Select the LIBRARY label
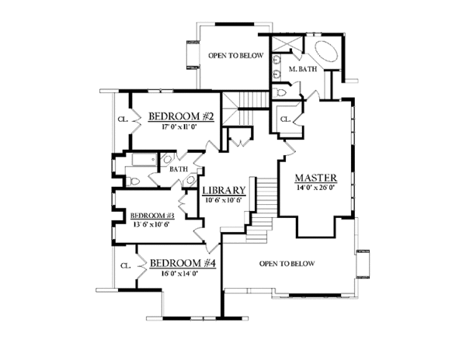click(x=224, y=190)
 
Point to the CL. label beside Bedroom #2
click(x=123, y=119)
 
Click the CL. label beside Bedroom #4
click(x=125, y=265)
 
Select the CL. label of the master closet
click(x=285, y=119)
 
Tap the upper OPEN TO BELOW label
click(x=236, y=56)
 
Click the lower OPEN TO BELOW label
click(x=287, y=264)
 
